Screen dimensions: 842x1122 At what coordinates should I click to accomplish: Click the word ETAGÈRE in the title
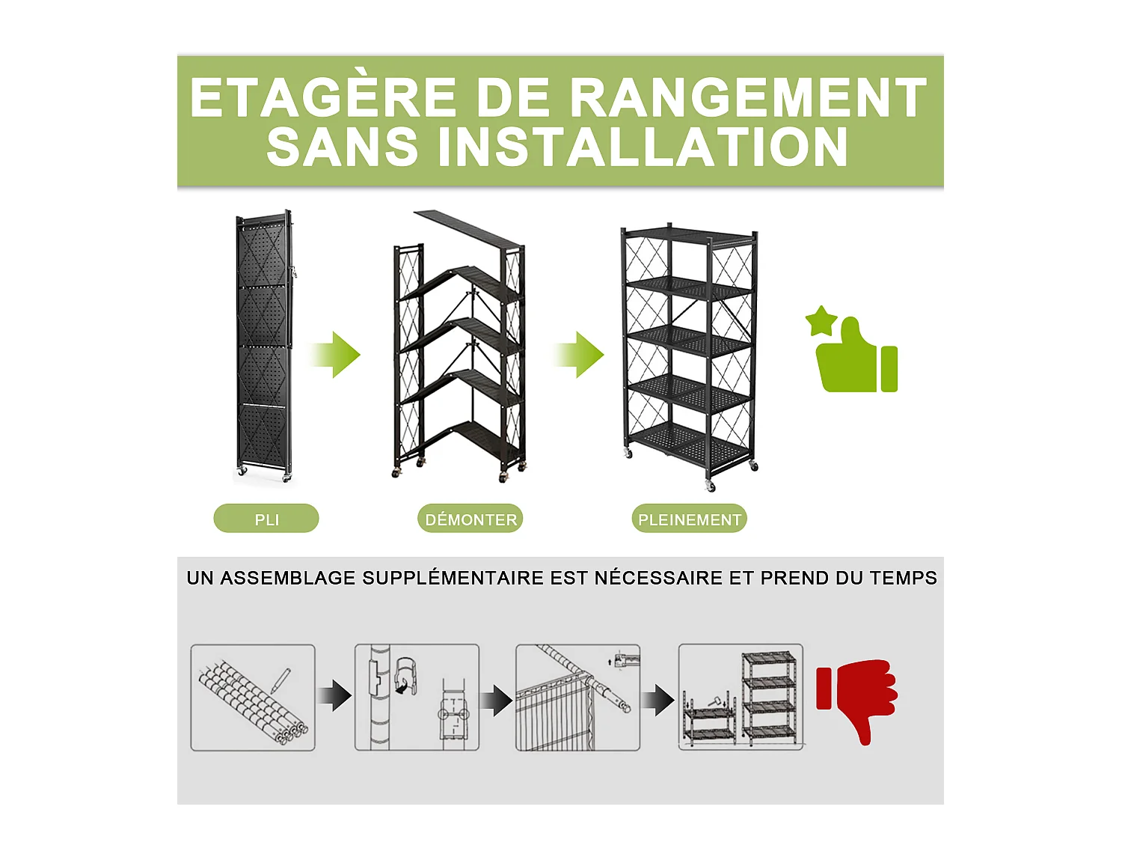pyautogui.click(x=323, y=99)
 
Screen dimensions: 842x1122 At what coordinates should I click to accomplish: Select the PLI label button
pyautogui.click(x=266, y=519)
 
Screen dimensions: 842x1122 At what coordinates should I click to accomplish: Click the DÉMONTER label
pyautogui.click(x=470, y=519)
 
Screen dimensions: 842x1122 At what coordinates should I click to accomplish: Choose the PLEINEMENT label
pyautogui.click(x=689, y=519)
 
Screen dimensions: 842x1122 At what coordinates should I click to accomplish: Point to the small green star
pyautogui.click(x=821, y=321)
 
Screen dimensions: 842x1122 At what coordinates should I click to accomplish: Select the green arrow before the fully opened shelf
pyautogui.click(x=580, y=354)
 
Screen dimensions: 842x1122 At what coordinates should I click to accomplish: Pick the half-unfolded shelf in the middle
pyautogui.click(x=459, y=352)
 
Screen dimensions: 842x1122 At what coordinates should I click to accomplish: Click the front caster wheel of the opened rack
pyautogui.click(x=710, y=486)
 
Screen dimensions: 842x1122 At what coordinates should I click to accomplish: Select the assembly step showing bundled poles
pyautogui.click(x=253, y=698)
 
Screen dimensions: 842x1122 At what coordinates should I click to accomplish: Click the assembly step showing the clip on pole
pyautogui.click(x=417, y=698)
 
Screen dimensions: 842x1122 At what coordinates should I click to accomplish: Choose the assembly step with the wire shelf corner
pyautogui.click(x=577, y=698)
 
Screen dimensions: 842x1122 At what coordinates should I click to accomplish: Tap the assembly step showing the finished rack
pyautogui.click(x=741, y=698)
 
